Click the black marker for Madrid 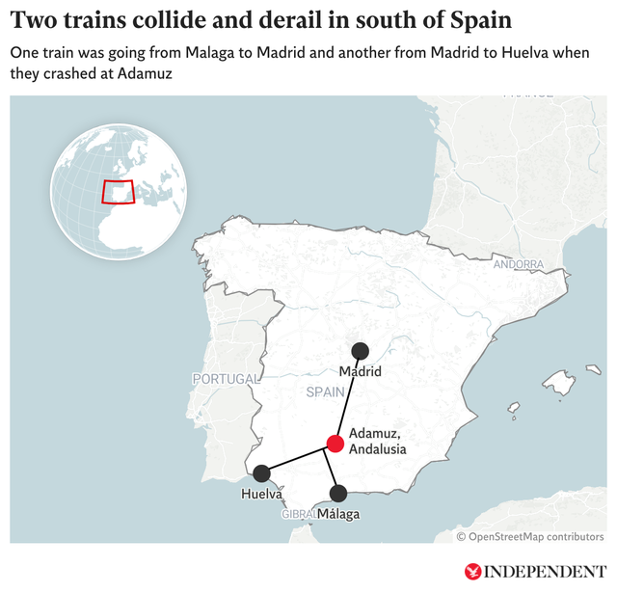point(360,352)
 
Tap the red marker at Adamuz point(335,444)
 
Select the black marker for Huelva point(261,473)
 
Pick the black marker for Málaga point(338,494)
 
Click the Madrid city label point(361,372)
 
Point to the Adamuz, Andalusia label point(377,442)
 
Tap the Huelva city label point(261,495)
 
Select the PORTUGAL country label point(227,379)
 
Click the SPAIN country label point(325,392)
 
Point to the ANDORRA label point(519,264)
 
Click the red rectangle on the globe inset point(118,191)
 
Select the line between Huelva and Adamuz point(298,459)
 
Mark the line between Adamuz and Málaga point(336,469)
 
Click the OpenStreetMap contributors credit point(530,536)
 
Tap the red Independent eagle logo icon point(472,571)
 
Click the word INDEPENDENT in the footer point(545,571)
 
